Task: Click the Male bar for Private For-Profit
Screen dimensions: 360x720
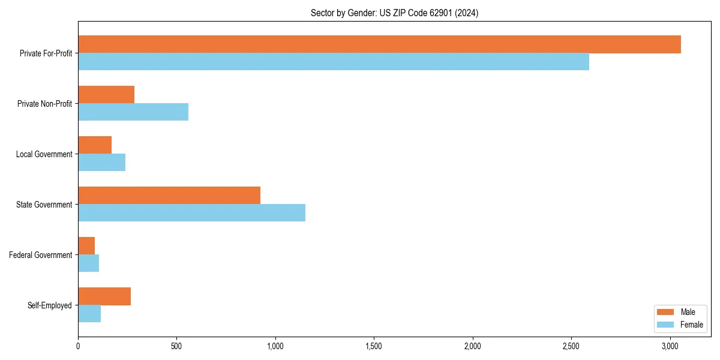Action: coord(379,44)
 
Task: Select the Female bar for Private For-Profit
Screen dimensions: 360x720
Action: coord(334,62)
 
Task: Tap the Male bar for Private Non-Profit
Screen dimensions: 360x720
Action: coord(106,95)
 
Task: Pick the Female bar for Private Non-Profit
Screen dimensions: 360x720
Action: coord(133,112)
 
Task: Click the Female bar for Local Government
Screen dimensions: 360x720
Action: coord(101,163)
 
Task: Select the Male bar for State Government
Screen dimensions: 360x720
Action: coord(169,196)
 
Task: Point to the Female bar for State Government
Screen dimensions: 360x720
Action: coord(191,213)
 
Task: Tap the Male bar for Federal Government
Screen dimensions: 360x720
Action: coord(86,246)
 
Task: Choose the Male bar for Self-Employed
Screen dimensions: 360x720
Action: coord(104,296)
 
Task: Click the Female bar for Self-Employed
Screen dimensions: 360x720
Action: coord(89,314)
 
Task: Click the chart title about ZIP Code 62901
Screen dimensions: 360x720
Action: coord(394,13)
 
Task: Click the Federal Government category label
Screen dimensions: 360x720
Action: coord(41,255)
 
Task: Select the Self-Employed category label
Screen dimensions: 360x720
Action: coord(50,305)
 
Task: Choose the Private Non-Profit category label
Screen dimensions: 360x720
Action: coord(44,104)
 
